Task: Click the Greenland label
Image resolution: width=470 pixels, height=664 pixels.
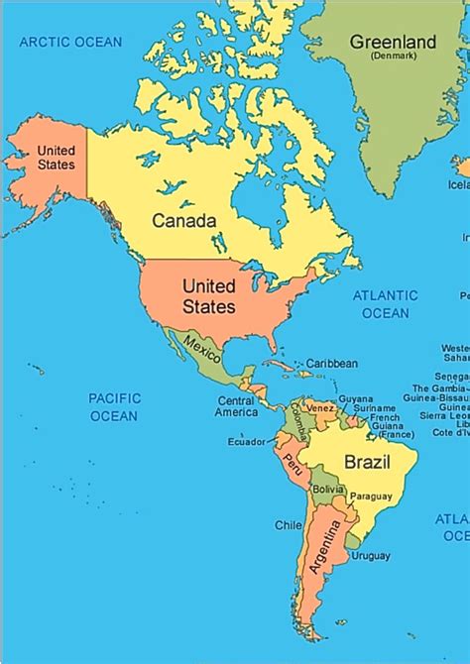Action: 394,42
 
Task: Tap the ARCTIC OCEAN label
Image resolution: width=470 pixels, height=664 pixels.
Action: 70,42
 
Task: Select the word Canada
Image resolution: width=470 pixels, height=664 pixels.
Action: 183,220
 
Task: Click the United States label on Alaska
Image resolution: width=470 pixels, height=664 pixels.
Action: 56,158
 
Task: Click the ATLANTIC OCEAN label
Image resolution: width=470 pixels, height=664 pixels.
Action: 386,304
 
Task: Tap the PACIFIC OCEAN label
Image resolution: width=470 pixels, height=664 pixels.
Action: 114,406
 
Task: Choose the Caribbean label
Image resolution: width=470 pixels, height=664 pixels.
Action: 331,364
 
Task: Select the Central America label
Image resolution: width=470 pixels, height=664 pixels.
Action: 238,406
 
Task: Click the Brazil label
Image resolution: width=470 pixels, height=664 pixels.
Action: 367,462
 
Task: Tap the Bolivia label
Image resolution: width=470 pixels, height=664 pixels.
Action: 327,490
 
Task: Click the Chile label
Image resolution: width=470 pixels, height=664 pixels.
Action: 289,525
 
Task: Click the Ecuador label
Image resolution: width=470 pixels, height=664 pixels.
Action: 246,442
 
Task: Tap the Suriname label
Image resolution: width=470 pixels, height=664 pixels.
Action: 381,407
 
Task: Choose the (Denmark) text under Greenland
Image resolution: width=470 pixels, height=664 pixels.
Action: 394,56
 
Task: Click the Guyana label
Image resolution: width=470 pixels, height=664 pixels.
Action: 355,398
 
